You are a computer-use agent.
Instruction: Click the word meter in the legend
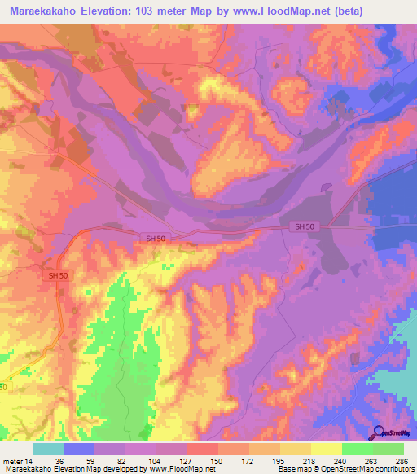pyautogui.click(x=13, y=461)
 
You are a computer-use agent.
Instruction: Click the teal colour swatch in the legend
pyautogui.click(x=48, y=449)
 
